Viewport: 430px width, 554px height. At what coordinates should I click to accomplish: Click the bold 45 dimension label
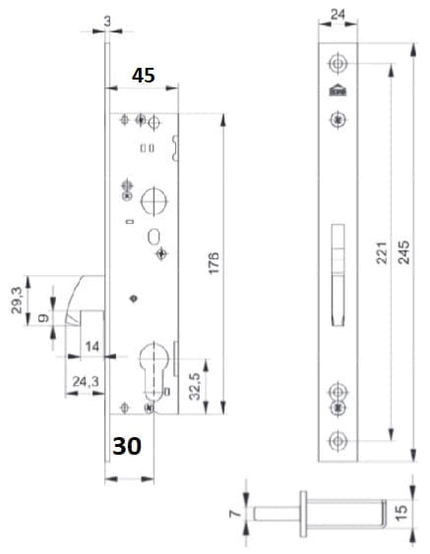tap(144, 76)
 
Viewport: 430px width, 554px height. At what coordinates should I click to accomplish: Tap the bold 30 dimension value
tap(127, 446)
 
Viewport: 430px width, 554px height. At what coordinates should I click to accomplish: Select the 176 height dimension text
tap(214, 263)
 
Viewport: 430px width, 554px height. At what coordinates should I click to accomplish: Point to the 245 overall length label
tap(403, 251)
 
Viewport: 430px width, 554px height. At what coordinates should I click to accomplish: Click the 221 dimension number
tap(382, 252)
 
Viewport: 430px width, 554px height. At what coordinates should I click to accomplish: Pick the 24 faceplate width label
tap(338, 15)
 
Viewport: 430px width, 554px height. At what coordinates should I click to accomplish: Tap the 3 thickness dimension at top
tap(107, 22)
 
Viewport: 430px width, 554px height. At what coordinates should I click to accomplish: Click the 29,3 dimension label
tap(17, 301)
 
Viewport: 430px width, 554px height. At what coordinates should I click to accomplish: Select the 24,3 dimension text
tap(86, 381)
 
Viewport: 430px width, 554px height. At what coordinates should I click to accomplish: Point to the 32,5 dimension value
tap(195, 386)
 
